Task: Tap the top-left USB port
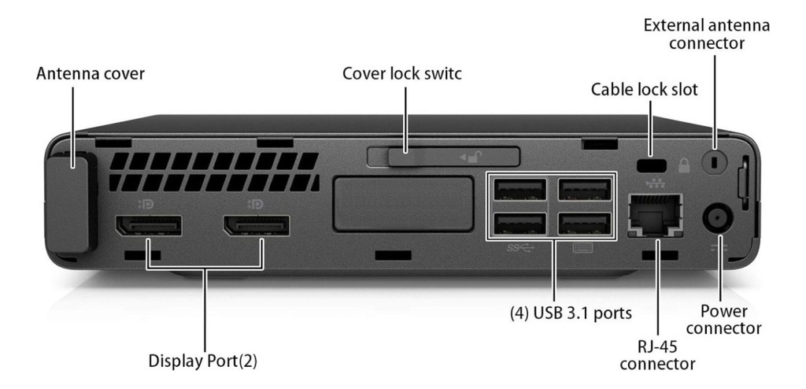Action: tap(519, 191)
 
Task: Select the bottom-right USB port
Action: tap(583, 224)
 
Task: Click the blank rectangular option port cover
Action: tap(402, 204)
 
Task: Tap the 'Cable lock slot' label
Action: tap(644, 90)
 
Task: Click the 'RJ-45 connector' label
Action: tap(656, 355)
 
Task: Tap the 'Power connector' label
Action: tap(729, 319)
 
